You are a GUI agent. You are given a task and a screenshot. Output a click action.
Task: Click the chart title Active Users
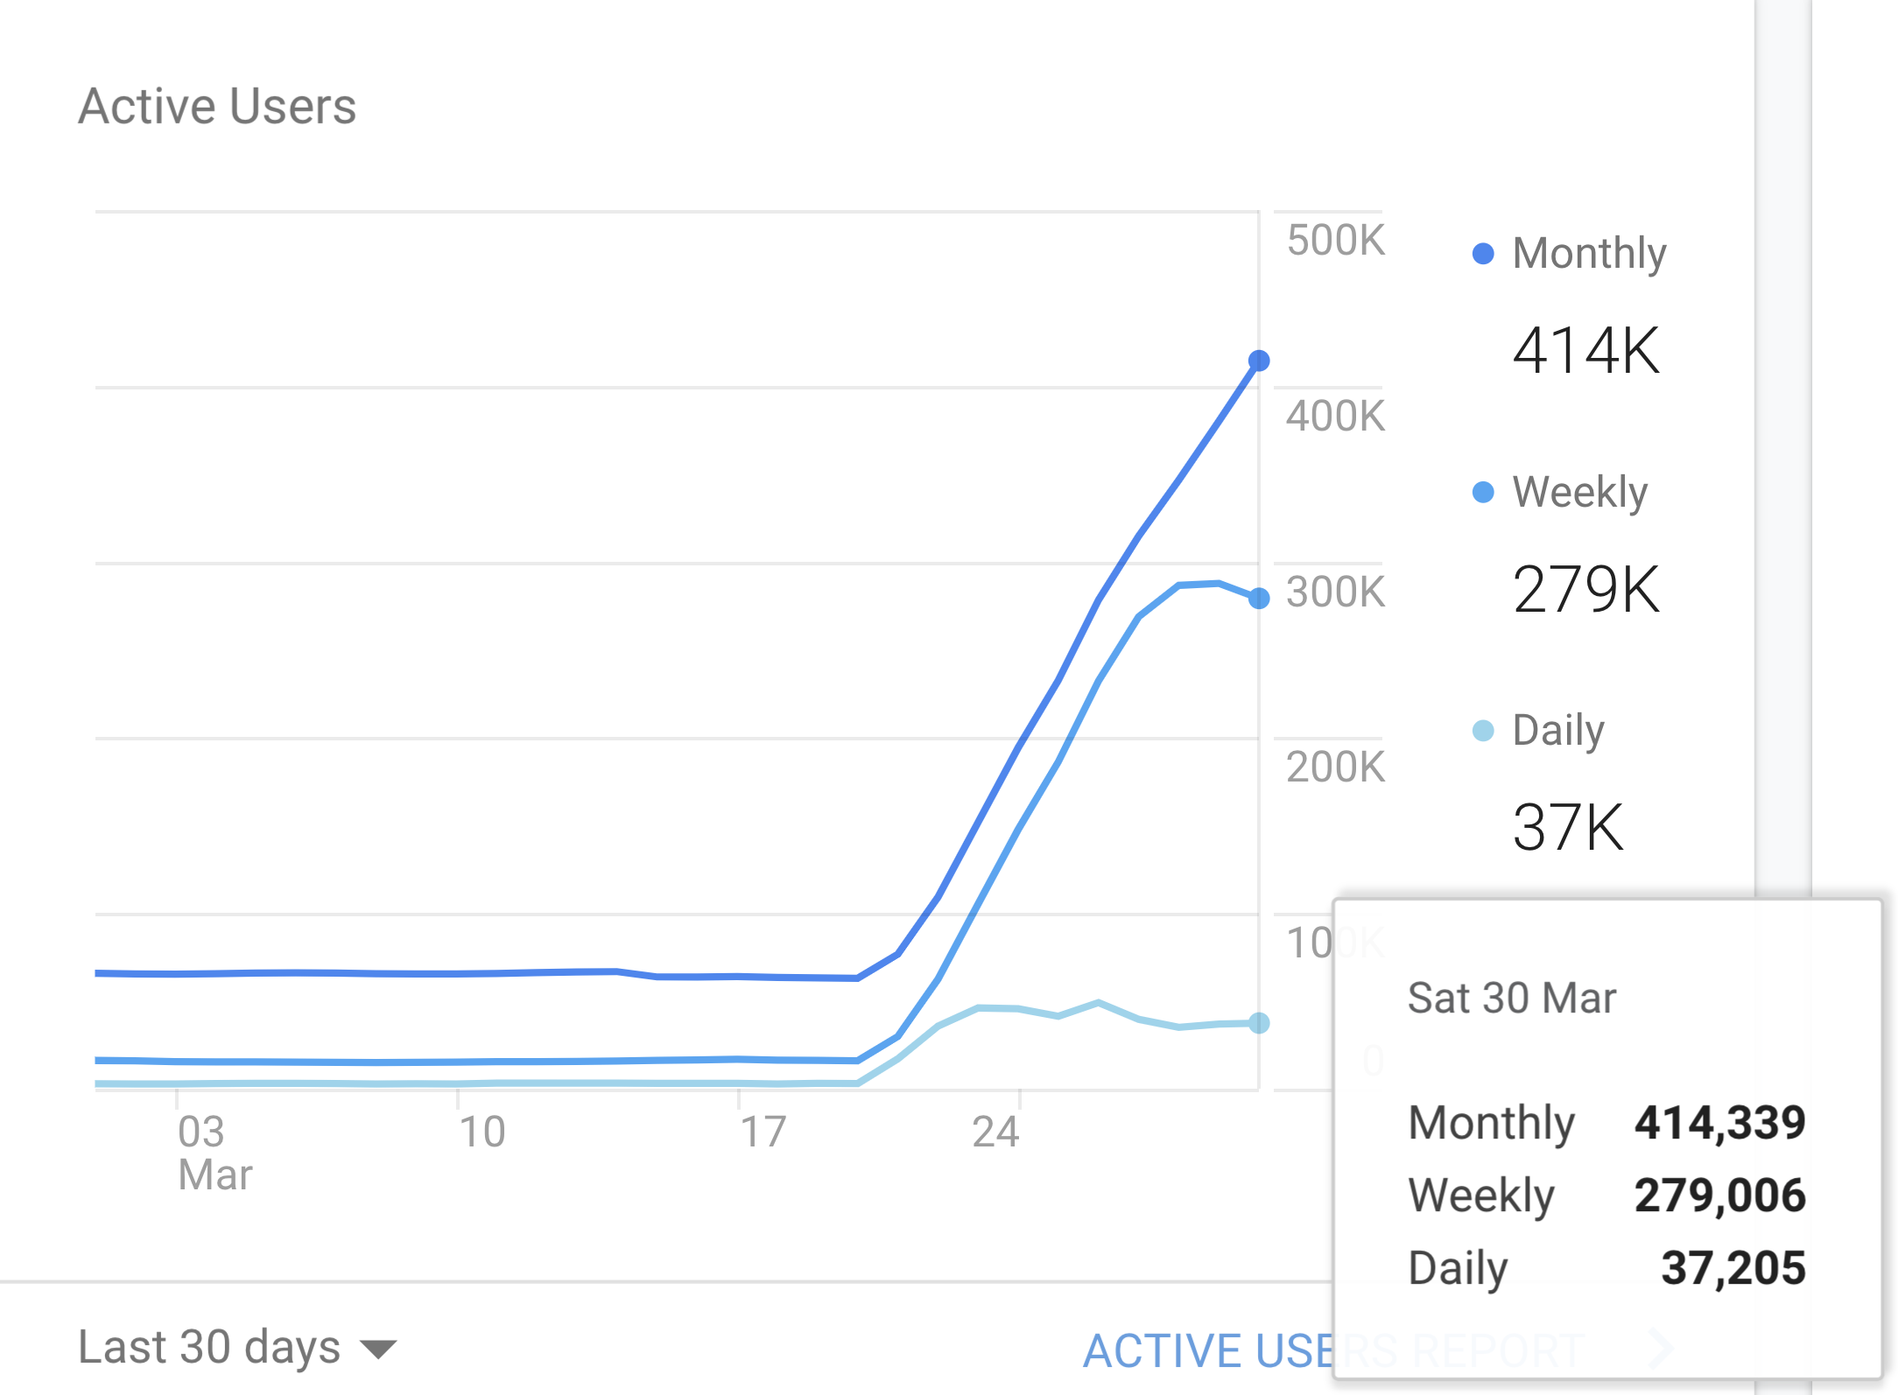tap(217, 107)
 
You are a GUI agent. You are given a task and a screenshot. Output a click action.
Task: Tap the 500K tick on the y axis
tap(1335, 241)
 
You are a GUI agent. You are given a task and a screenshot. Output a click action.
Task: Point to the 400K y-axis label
tap(1335, 417)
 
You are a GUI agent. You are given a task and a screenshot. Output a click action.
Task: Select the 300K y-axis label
tap(1335, 592)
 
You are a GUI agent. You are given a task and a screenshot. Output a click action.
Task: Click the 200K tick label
tap(1335, 768)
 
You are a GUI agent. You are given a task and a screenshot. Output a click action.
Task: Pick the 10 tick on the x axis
tap(482, 1132)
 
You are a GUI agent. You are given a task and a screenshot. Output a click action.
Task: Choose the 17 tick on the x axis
tap(763, 1132)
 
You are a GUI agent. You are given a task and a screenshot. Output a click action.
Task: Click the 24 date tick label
tap(995, 1132)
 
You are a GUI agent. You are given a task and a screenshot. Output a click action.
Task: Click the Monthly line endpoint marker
tap(1259, 361)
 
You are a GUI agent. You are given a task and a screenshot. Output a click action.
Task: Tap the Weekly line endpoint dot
tap(1259, 599)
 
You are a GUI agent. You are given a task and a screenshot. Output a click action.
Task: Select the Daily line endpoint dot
tap(1259, 1023)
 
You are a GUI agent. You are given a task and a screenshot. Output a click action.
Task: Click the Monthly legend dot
tap(1483, 254)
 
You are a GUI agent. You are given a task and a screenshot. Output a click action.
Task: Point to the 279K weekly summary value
tap(1585, 589)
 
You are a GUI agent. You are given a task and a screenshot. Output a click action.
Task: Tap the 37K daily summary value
tap(1568, 827)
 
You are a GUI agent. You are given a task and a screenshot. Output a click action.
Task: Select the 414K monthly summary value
tap(1585, 351)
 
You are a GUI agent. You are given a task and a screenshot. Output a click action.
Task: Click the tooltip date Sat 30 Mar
tap(1511, 999)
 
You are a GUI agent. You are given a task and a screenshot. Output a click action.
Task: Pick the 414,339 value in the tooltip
tap(1719, 1123)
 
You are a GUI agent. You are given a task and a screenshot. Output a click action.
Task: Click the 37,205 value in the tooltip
tap(1733, 1268)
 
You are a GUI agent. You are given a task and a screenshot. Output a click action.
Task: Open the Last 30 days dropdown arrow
tap(378, 1349)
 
